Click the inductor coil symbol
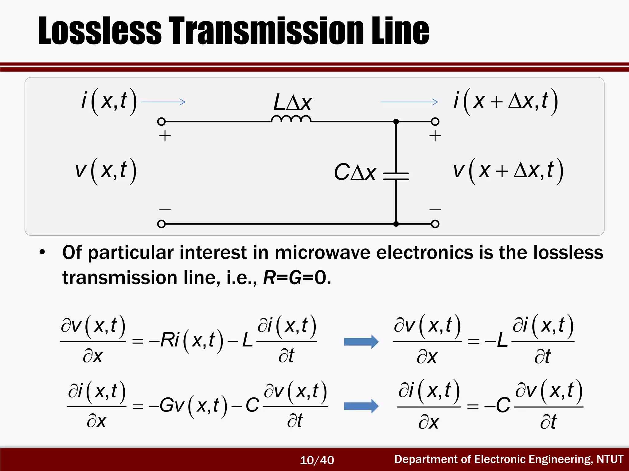[291, 119]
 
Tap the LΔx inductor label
[292, 102]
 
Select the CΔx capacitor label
[355, 172]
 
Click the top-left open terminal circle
[161, 122]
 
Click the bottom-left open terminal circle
[161, 224]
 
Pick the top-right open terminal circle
[435, 122]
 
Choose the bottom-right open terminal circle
[435, 224]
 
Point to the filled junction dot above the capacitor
[396, 122]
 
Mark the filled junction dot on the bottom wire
[396, 224]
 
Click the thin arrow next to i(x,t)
[163, 102]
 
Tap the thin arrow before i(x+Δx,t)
[409, 102]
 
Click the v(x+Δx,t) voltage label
[508, 170]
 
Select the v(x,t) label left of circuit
[106, 170]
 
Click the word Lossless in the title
[100, 31]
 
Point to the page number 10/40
[317, 460]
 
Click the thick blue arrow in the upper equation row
[361, 342]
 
